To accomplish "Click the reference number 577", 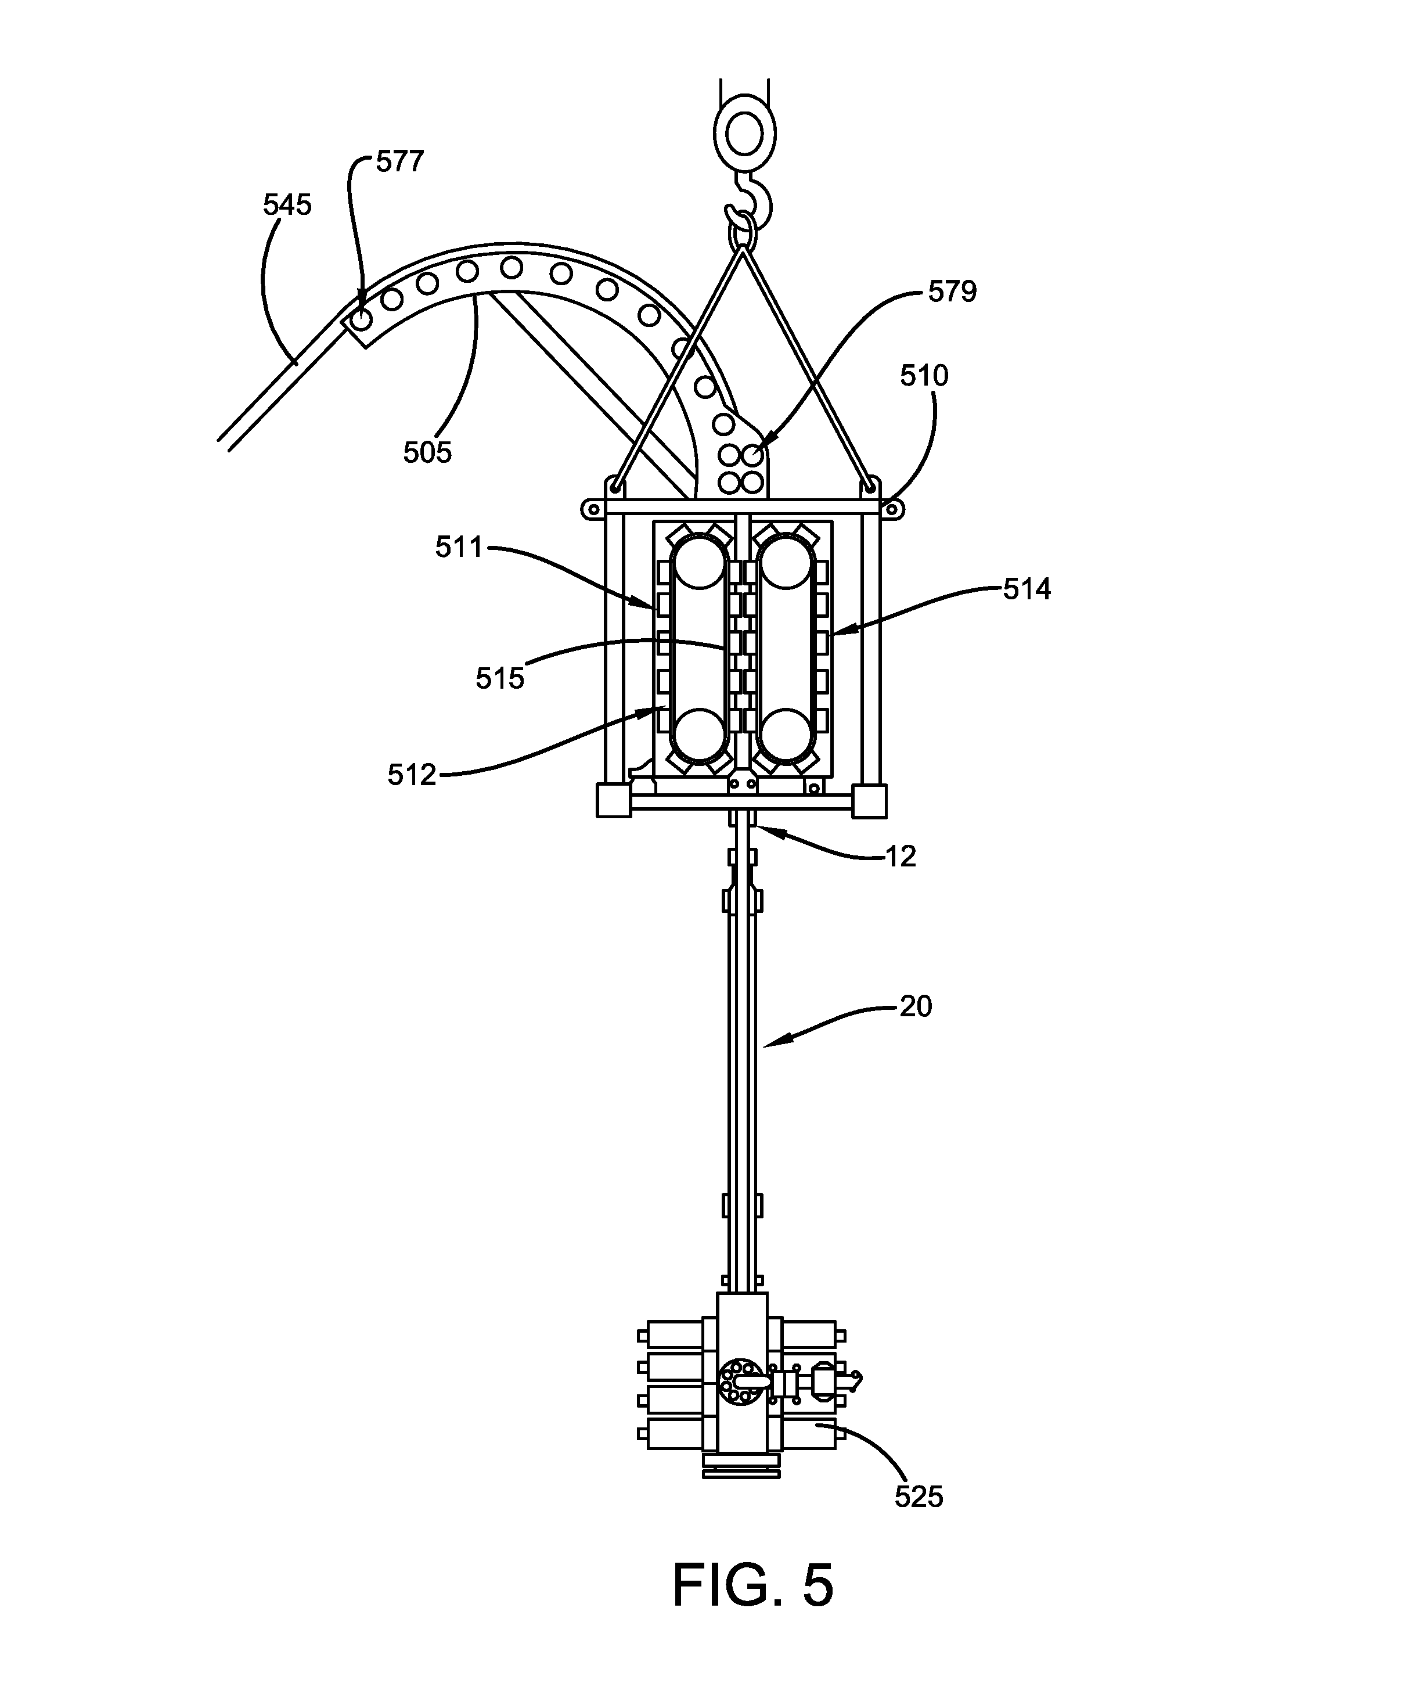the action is click(399, 161).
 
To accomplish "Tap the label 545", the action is click(287, 206).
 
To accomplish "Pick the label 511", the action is click(459, 548).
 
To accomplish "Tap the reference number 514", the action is click(1027, 589).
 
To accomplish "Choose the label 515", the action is click(500, 678).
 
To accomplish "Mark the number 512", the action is click(412, 775).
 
